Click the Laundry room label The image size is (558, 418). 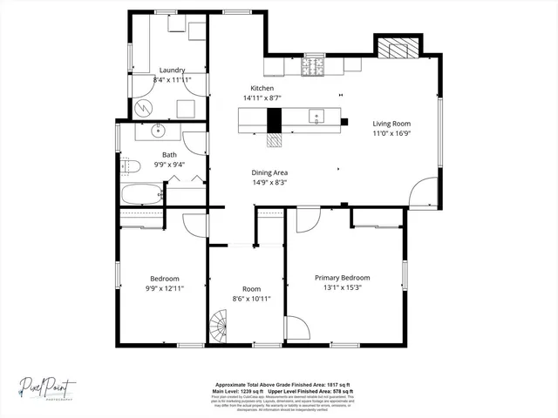click(172, 71)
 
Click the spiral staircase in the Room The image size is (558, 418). click(224, 330)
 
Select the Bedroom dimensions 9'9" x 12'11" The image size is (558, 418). click(164, 287)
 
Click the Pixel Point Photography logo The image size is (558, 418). click(50, 385)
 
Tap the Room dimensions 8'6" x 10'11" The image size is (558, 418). click(251, 299)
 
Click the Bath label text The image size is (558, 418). click(169, 154)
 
